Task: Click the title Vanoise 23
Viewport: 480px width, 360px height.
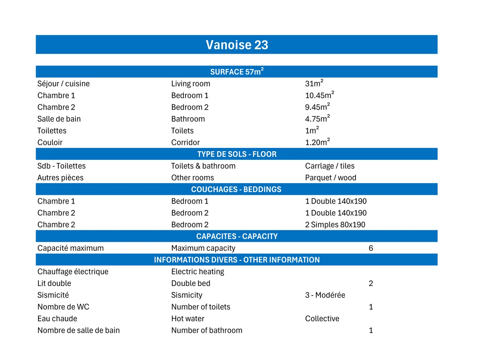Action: [x=237, y=45]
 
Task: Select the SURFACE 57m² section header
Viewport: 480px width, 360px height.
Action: [x=237, y=72]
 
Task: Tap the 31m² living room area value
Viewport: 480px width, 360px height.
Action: [x=314, y=84]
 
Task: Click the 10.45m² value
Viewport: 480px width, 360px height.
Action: [x=319, y=95]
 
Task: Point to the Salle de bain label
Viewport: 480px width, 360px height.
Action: [x=59, y=119]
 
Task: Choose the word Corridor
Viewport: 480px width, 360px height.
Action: [x=185, y=142]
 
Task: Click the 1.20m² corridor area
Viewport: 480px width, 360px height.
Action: [x=317, y=142]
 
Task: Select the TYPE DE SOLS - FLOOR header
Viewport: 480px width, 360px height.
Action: [x=237, y=154]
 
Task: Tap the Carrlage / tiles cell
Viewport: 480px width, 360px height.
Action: [x=330, y=166]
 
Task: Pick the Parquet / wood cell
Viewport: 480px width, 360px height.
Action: [x=330, y=178]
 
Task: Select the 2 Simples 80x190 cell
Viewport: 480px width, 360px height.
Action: [x=335, y=225]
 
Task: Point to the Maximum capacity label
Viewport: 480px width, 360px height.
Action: [x=203, y=248]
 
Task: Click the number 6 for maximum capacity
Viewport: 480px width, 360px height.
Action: [x=371, y=248]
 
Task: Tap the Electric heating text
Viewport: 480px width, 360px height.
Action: [x=198, y=272]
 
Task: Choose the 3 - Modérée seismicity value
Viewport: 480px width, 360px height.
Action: [x=325, y=295]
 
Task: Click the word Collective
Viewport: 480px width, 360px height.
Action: [x=322, y=319]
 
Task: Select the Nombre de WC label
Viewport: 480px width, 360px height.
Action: [x=63, y=307]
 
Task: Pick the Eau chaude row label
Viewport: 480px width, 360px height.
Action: [x=57, y=319]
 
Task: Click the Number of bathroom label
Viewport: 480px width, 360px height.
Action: [x=206, y=330]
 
